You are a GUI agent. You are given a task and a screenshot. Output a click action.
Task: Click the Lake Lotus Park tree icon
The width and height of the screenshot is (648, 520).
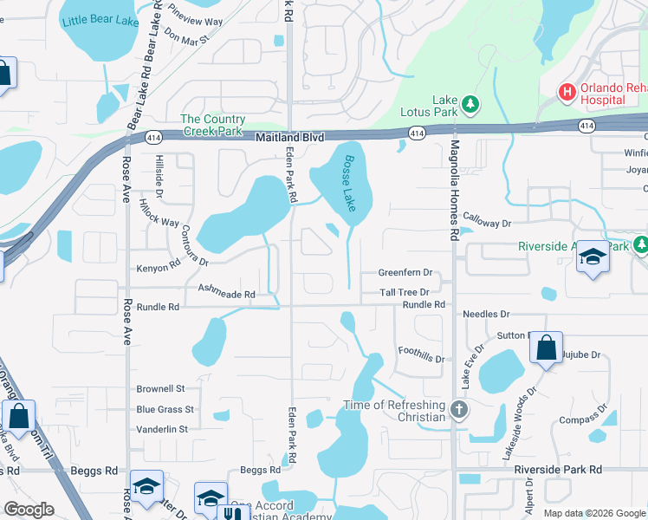coord(470,105)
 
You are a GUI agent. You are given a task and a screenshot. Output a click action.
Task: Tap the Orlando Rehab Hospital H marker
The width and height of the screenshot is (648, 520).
coord(567,91)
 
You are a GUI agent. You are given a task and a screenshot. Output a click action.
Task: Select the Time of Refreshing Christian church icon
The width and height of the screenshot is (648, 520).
coord(459,408)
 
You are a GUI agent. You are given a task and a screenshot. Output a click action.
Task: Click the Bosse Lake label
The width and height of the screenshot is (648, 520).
coord(349,183)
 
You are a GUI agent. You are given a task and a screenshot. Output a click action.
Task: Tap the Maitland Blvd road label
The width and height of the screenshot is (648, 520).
coord(289,138)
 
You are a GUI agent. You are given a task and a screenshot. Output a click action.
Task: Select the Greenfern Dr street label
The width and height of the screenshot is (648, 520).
coord(405,272)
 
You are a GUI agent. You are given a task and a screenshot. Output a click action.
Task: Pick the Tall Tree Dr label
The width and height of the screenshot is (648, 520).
coord(405,293)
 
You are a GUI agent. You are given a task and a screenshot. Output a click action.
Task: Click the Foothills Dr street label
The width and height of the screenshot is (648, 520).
coord(421,354)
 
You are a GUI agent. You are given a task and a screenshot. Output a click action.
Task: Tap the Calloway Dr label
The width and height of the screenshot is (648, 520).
coord(488,223)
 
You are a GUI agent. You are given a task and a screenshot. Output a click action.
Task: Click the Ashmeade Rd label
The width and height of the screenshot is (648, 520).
coord(226,295)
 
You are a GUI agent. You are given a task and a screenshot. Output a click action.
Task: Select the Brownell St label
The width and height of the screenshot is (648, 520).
coord(161,389)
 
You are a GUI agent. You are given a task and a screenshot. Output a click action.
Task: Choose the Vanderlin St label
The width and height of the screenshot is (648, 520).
coord(162,429)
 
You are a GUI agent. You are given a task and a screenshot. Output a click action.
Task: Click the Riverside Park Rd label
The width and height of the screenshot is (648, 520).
coord(557,470)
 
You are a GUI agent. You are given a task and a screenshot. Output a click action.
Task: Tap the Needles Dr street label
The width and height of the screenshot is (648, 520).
coord(486,315)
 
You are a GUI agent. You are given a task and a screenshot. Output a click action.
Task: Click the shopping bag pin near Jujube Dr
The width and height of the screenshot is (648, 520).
coord(547,348)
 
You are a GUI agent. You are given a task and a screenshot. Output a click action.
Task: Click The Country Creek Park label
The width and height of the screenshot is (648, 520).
coord(212,125)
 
